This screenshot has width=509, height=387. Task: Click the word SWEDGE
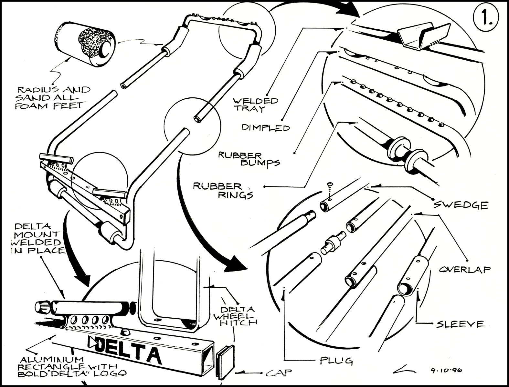pos(461,205)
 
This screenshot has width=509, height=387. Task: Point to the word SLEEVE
pos(460,324)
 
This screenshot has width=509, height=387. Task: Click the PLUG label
pos(336,360)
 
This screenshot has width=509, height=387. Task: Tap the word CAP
pos(279,373)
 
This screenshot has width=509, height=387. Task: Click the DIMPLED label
pos(266,128)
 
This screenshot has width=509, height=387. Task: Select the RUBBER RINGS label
pos(223,190)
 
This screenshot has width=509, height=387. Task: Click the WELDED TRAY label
pos(256,104)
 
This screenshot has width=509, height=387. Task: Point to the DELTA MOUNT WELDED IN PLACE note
pos(37,238)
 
